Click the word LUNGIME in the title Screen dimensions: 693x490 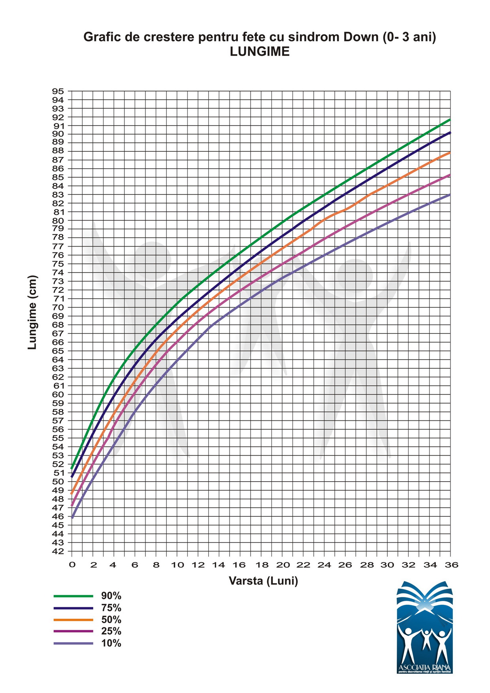pos(260,52)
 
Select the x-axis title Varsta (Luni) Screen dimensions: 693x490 pos(263,581)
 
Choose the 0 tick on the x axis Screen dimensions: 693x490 pos(72,565)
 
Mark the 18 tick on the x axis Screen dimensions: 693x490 pos(261,565)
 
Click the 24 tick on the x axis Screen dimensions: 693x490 pos(324,565)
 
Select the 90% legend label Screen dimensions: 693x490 pos(111,596)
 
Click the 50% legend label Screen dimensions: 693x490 pos(111,620)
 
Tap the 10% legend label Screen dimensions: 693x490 pos(111,643)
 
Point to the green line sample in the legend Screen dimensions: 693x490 pos(73,596)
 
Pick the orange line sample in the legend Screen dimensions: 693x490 pos(73,620)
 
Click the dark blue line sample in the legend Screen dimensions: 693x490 pos(73,608)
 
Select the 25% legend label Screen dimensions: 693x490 pos(111,631)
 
